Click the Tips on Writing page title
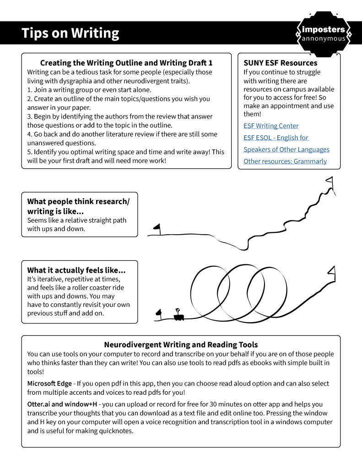click(70, 33)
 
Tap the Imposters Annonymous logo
click(324, 33)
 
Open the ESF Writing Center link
click(271, 126)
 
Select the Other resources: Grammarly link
click(285, 161)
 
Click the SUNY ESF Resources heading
click(280, 63)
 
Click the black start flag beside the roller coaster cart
click(159, 313)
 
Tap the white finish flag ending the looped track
click(331, 271)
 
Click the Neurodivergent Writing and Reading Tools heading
click(181, 344)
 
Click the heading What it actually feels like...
click(76, 270)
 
